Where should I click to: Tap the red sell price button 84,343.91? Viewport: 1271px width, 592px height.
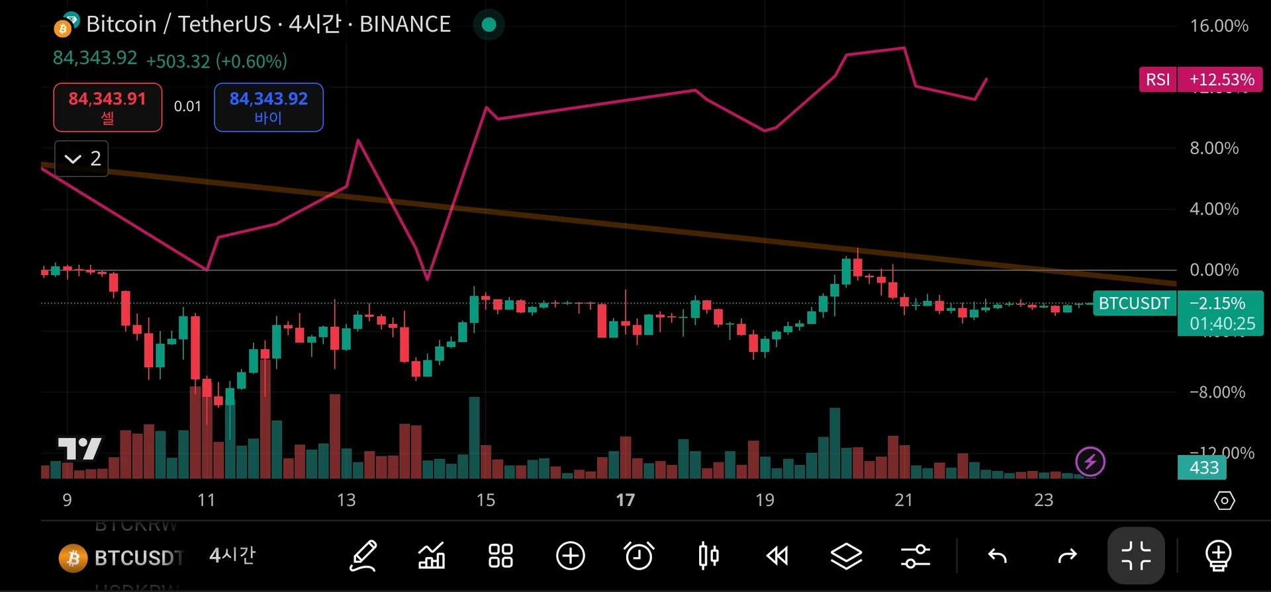pyautogui.click(x=107, y=107)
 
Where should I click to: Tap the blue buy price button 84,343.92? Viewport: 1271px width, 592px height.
pyautogui.click(x=268, y=107)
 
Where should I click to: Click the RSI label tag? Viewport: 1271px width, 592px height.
pyautogui.click(x=1157, y=79)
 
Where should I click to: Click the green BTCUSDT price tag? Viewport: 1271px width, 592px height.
pyautogui.click(x=1134, y=304)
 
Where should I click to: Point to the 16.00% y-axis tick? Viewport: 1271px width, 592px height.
pyautogui.click(x=1219, y=26)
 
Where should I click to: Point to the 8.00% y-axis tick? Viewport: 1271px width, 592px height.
pyautogui.click(x=1214, y=148)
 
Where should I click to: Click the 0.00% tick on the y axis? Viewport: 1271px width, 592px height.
pyautogui.click(x=1214, y=270)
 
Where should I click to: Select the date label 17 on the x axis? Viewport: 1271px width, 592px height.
pyautogui.click(x=625, y=500)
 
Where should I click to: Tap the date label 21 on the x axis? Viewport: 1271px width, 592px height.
pyautogui.click(x=904, y=500)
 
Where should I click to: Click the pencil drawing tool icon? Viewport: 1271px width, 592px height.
pyautogui.click(x=363, y=556)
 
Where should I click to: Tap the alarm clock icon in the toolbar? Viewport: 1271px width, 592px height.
pyautogui.click(x=639, y=556)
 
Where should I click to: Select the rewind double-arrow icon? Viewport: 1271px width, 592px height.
pyautogui.click(x=777, y=556)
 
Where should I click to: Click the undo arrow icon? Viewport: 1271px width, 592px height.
pyautogui.click(x=997, y=556)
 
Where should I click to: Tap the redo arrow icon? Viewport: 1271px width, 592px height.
pyautogui.click(x=1067, y=556)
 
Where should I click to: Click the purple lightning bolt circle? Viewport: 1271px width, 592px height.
pyautogui.click(x=1090, y=462)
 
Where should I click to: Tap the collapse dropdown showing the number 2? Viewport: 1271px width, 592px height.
pyautogui.click(x=81, y=159)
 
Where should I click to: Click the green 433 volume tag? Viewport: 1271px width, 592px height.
pyautogui.click(x=1202, y=468)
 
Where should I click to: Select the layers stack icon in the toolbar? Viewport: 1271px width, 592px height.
pyautogui.click(x=846, y=556)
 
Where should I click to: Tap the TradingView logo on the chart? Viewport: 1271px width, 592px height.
pyautogui.click(x=79, y=449)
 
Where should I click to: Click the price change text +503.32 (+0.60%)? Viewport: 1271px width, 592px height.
pyautogui.click(x=216, y=62)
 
